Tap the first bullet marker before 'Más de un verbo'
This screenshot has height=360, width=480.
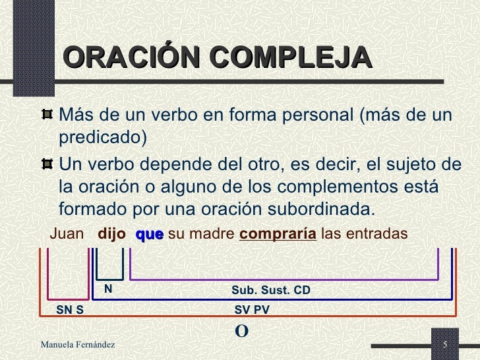tap(47, 115)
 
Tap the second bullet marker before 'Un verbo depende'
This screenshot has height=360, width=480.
tap(47, 163)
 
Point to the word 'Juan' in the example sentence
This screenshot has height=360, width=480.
tap(68, 234)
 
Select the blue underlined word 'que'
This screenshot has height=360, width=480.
tap(149, 234)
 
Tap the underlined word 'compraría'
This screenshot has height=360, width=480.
tap(278, 234)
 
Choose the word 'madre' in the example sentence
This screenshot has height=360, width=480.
tap(210, 234)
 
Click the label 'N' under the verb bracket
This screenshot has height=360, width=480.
tap(107, 289)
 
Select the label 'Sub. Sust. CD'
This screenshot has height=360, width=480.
tap(270, 290)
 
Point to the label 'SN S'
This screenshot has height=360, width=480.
tap(70, 309)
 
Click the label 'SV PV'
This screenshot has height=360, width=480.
tap(252, 309)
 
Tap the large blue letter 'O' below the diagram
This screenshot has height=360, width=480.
tap(241, 330)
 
